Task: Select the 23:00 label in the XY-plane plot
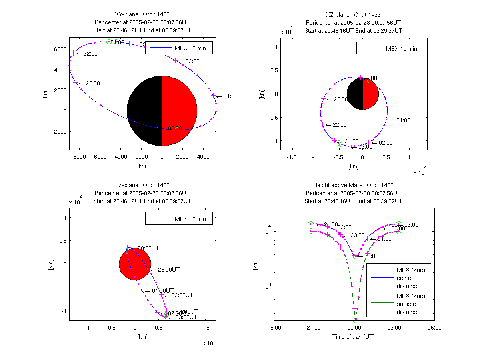[x=93, y=83]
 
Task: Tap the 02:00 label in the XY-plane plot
[x=193, y=61]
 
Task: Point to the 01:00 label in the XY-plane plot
[x=231, y=96]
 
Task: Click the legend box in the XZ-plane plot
[x=390, y=48]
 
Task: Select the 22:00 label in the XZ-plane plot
[x=340, y=125]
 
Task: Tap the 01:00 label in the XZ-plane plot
[x=403, y=120]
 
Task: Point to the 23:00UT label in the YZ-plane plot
[x=168, y=270]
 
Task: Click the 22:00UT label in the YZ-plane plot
[x=182, y=295]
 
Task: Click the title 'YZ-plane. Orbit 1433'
[x=142, y=185]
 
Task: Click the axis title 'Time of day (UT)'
[x=354, y=337]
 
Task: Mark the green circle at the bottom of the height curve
[x=356, y=320]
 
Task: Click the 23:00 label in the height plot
[x=358, y=236]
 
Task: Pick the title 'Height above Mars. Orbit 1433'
[x=354, y=185]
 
